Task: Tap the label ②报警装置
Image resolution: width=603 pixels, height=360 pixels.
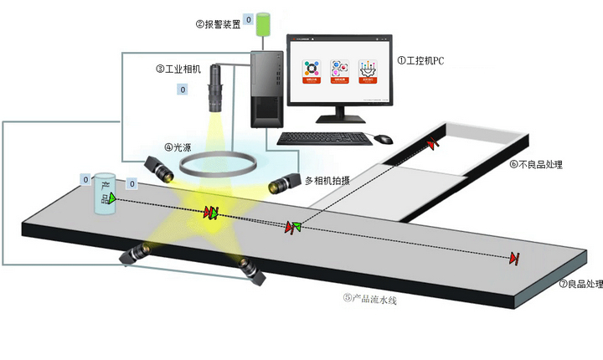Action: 218,24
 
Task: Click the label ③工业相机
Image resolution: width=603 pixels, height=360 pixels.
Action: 178,69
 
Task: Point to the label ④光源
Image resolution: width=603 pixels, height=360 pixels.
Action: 181,147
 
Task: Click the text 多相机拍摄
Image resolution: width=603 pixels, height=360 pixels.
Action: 327,181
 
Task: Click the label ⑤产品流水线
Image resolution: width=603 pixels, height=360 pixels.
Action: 369,297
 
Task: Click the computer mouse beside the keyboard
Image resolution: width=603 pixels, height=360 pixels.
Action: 383,139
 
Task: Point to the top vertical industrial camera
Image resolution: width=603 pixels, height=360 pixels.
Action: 216,88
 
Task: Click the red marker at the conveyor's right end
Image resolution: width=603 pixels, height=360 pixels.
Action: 514,258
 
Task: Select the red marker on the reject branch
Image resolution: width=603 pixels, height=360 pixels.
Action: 433,144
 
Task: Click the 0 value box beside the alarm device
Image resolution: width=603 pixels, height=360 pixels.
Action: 248,19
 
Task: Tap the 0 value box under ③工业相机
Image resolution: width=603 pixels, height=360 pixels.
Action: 183,89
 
